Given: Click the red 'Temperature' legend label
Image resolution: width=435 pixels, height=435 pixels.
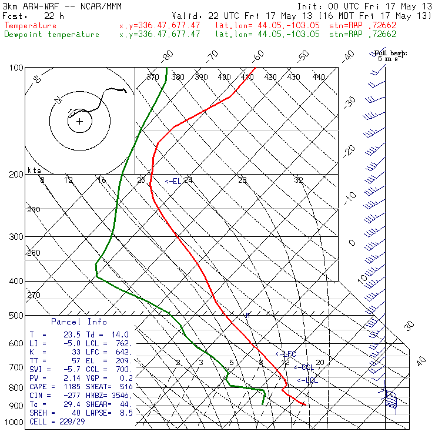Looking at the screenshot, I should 31,26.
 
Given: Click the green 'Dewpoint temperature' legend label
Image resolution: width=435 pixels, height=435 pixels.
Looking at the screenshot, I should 52,35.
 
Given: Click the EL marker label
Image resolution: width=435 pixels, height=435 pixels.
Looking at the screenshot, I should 173,182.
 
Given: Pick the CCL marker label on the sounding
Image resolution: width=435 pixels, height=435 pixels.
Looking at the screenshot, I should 304,367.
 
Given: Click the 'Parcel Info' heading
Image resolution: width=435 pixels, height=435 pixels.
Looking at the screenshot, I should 79,322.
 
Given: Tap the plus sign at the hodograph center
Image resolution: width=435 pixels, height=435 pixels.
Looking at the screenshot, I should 79,122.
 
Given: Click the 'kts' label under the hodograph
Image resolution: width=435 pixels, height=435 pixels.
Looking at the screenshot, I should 34,170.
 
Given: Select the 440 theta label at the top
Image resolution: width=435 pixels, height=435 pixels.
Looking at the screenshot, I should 319,77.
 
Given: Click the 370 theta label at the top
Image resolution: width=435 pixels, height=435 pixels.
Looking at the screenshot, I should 152,77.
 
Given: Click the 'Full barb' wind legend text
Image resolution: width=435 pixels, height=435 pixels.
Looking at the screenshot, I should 390,53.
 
